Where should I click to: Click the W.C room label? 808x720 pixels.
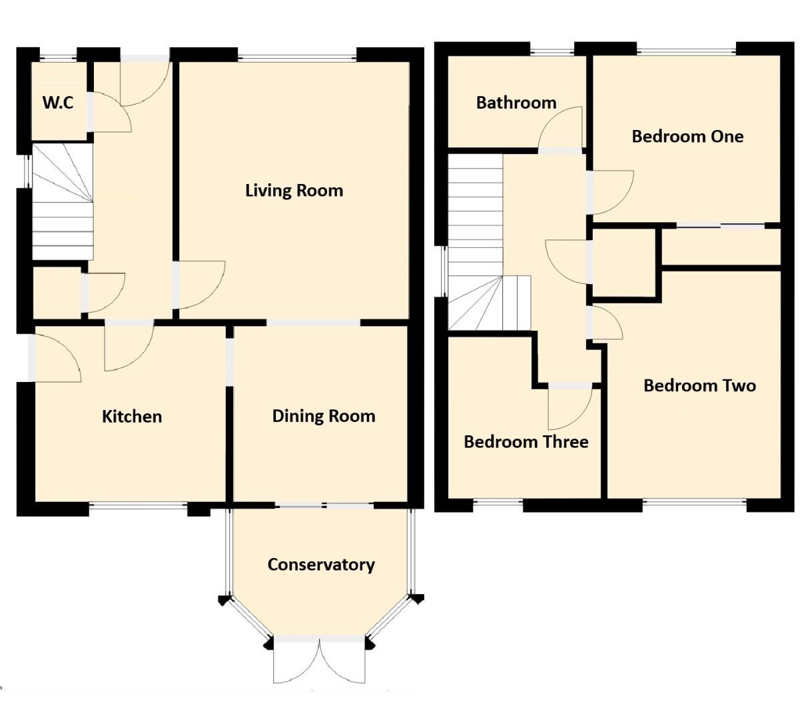(58, 103)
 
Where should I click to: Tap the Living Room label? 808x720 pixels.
(294, 191)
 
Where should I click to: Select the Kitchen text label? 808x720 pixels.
(131, 417)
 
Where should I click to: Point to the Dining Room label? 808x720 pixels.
(323, 416)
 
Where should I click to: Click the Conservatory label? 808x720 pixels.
(320, 565)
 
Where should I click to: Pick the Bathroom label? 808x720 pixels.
(516, 103)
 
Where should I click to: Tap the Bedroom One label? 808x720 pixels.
(687, 136)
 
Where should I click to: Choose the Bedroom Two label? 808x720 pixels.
(699, 385)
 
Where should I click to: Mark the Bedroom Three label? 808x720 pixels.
(526, 442)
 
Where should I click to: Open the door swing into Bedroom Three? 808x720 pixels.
(568, 408)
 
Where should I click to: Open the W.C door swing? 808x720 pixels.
(109, 111)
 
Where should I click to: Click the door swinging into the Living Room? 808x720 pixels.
(199, 285)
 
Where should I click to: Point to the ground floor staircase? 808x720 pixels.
(62, 203)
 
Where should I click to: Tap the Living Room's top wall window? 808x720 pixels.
(297, 56)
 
